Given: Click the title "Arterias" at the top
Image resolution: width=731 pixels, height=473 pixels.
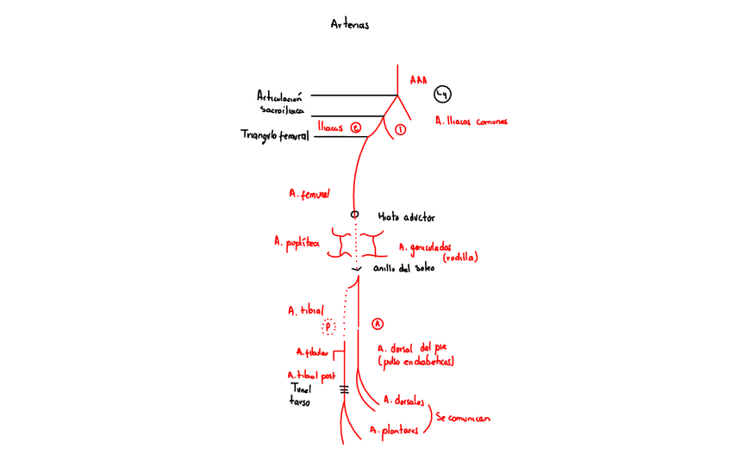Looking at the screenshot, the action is point(350,24).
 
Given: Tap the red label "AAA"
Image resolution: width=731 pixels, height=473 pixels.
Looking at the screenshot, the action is point(418,79).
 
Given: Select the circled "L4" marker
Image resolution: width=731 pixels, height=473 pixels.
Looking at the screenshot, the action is point(442,95).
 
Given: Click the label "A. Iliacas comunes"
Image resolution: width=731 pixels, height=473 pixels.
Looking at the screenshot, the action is point(472,121).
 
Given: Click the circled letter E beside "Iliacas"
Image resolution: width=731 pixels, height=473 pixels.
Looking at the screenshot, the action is point(354,128).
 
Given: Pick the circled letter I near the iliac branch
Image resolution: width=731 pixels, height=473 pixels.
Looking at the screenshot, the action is point(399,130).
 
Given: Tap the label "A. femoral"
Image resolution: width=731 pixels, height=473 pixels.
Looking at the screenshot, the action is point(309,195).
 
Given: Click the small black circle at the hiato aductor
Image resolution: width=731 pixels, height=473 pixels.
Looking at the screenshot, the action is point(353,215).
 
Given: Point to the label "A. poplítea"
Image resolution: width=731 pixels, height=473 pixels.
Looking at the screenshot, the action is point(297,243).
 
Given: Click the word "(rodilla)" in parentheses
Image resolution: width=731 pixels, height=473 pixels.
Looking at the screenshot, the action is point(459,258).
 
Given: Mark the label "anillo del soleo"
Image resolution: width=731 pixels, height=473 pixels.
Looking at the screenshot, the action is point(403,269).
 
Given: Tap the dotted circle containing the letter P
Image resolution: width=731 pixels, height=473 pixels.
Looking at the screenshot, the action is point(328,327).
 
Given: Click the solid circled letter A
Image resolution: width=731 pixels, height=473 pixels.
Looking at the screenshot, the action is point(377,324).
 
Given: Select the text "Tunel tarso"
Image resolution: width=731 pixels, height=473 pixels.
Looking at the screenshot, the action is point(300,395).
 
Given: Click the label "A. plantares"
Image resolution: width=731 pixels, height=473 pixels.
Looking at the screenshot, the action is point(394,428).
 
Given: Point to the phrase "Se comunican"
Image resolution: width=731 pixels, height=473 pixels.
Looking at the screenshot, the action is point(463,417).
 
